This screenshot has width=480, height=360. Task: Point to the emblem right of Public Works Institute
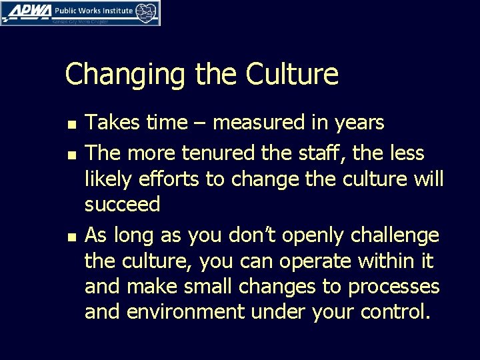147,12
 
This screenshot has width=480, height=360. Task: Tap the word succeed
123,205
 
